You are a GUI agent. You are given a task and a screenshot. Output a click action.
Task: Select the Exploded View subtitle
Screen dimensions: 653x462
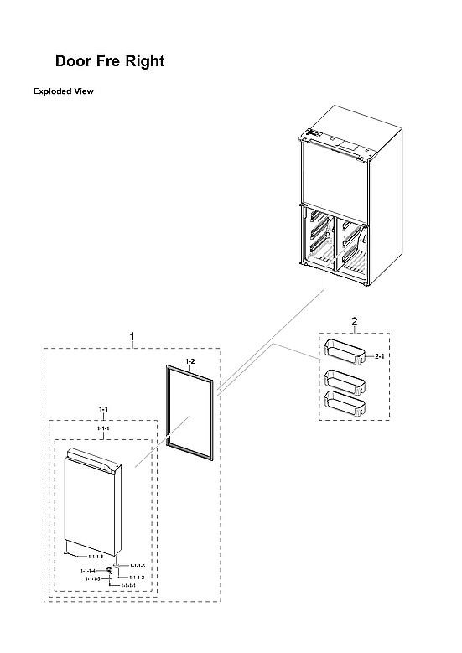[63, 91]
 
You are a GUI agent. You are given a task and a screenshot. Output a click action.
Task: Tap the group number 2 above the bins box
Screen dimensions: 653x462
[354, 322]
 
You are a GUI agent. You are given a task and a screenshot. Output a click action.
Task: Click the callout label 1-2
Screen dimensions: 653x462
[190, 362]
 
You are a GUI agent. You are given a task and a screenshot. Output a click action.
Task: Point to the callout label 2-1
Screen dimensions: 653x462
[379, 357]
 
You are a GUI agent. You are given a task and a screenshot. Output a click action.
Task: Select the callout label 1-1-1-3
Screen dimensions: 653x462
[95, 557]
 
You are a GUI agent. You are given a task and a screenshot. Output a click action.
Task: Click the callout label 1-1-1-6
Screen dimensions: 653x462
[137, 567]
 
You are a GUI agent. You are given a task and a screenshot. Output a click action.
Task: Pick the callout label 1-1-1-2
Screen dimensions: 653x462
[137, 578]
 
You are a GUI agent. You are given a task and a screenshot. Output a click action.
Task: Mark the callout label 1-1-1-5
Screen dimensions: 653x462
[92, 579]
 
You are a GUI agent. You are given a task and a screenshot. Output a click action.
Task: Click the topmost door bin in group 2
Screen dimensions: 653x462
[345, 350]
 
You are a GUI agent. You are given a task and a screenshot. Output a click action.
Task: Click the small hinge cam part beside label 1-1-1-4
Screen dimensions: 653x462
[109, 571]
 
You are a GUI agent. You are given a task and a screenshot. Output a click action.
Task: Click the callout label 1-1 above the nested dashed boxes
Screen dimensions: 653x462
[104, 410]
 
